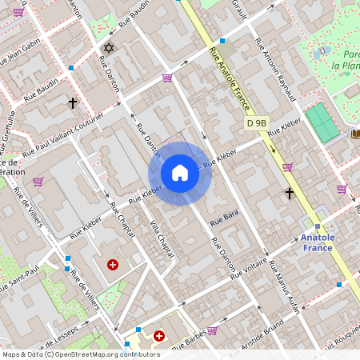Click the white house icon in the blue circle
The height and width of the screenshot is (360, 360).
(x=180, y=173)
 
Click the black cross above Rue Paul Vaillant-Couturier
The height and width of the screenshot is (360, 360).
(x=73, y=102)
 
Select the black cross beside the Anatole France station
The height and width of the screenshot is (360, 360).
(x=290, y=193)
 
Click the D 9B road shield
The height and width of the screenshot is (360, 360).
(x=256, y=124)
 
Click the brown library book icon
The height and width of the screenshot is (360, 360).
(x=355, y=134)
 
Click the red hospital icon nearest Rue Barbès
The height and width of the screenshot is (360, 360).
(x=159, y=337)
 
